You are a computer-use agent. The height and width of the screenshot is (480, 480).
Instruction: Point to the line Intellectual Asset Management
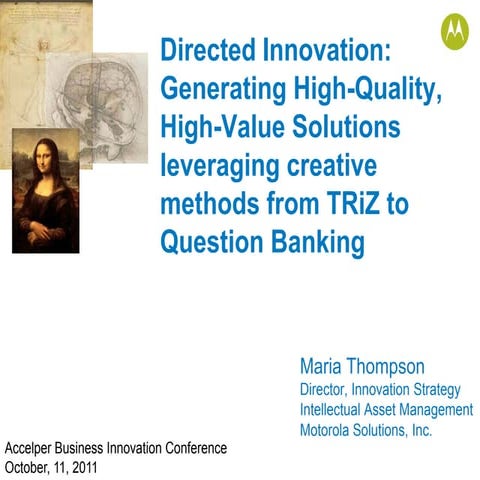pos(386,410)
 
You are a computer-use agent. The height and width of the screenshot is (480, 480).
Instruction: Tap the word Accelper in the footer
pos(33,448)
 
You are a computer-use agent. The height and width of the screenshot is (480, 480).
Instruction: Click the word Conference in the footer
pos(195,448)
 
